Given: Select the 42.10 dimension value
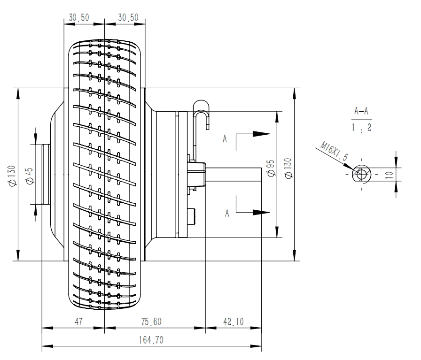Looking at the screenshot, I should (x=234, y=322).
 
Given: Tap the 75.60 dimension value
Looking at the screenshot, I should (x=151, y=322).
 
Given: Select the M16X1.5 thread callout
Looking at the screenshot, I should (x=334, y=152).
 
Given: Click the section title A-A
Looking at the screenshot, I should (x=361, y=111).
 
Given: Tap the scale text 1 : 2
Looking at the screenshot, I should (x=361, y=128).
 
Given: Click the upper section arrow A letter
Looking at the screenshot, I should (x=226, y=139).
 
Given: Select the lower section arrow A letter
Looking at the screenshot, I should (x=226, y=213).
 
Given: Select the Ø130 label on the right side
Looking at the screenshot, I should (x=288, y=168).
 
